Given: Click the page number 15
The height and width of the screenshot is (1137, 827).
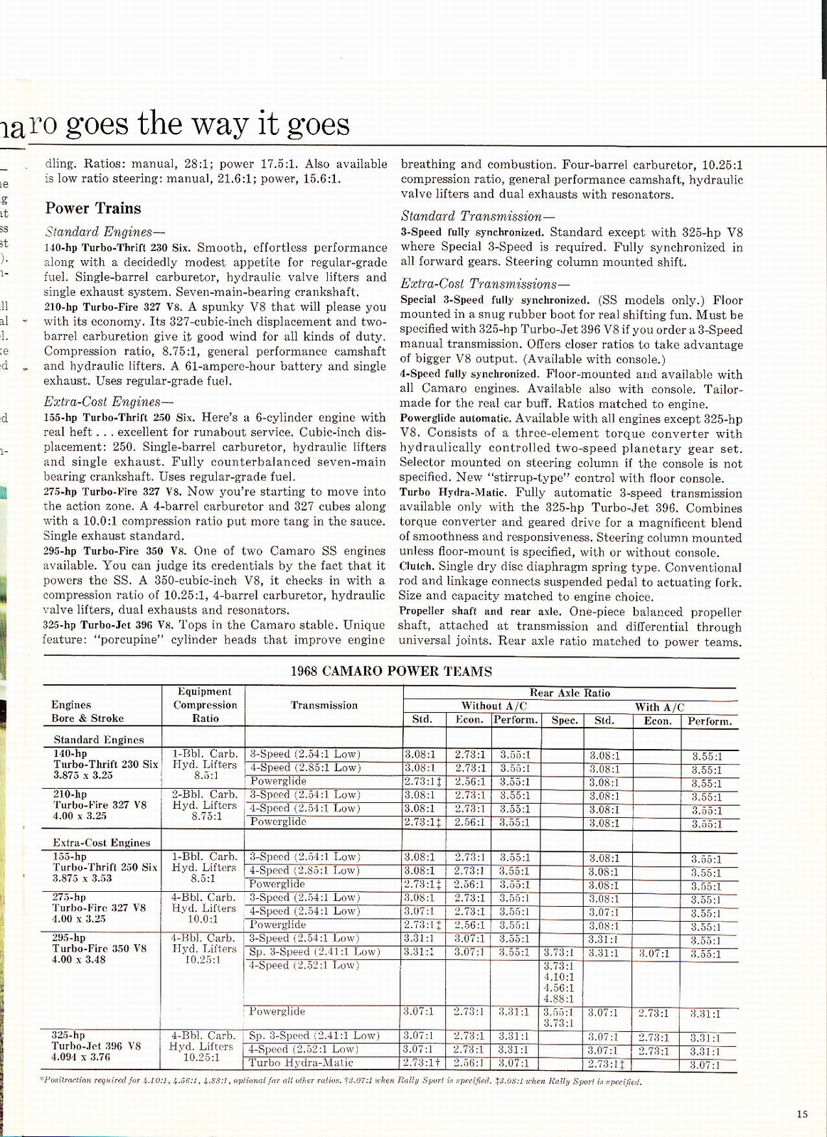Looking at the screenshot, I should (802, 1114).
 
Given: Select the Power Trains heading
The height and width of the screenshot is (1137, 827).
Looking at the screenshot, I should (93, 208).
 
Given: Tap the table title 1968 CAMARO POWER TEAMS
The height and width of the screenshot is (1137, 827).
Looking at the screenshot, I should (391, 671).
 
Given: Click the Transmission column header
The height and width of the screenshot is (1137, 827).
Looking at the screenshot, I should (324, 705).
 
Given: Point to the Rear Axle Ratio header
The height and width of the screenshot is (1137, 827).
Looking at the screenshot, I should (570, 693).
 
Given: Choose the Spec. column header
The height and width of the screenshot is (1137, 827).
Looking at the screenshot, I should (565, 721).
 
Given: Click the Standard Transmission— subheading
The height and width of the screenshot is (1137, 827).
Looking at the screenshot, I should (478, 216).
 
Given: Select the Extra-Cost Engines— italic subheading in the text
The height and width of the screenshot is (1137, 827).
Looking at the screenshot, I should (104, 402).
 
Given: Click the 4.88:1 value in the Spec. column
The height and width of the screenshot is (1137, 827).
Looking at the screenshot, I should (558, 999).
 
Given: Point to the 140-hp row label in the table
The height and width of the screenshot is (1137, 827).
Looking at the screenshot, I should (70, 753).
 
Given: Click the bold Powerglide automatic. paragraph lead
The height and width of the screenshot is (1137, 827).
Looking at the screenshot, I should (455, 419).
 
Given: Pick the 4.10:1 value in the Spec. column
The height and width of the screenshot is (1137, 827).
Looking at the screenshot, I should (558, 977).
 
